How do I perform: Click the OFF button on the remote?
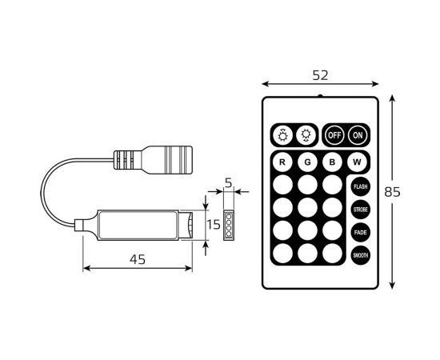[x=334, y=135]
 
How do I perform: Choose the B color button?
[x=333, y=162]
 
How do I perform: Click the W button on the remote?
[x=358, y=162]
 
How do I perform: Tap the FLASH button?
[x=360, y=186]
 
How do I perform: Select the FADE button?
[x=360, y=233]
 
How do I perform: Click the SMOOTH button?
[x=360, y=256]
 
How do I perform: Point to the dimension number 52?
[x=320, y=75]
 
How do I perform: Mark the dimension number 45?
[x=138, y=258]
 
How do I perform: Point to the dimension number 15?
[x=213, y=225]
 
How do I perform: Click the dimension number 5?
[x=228, y=183]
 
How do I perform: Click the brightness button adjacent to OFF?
[x=305, y=135]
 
